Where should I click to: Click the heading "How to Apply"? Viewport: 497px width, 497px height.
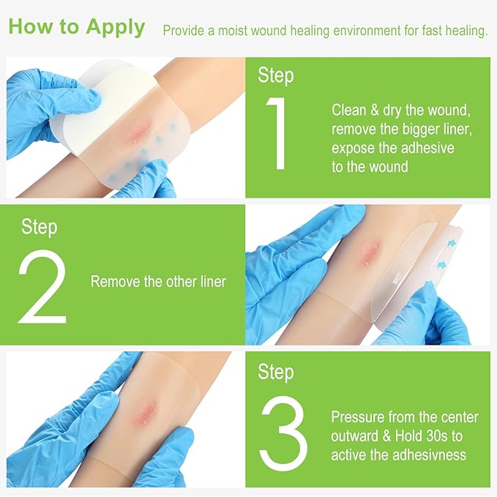[76, 27]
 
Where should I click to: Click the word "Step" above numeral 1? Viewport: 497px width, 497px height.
[276, 75]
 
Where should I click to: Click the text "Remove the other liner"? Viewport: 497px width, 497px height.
[158, 282]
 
